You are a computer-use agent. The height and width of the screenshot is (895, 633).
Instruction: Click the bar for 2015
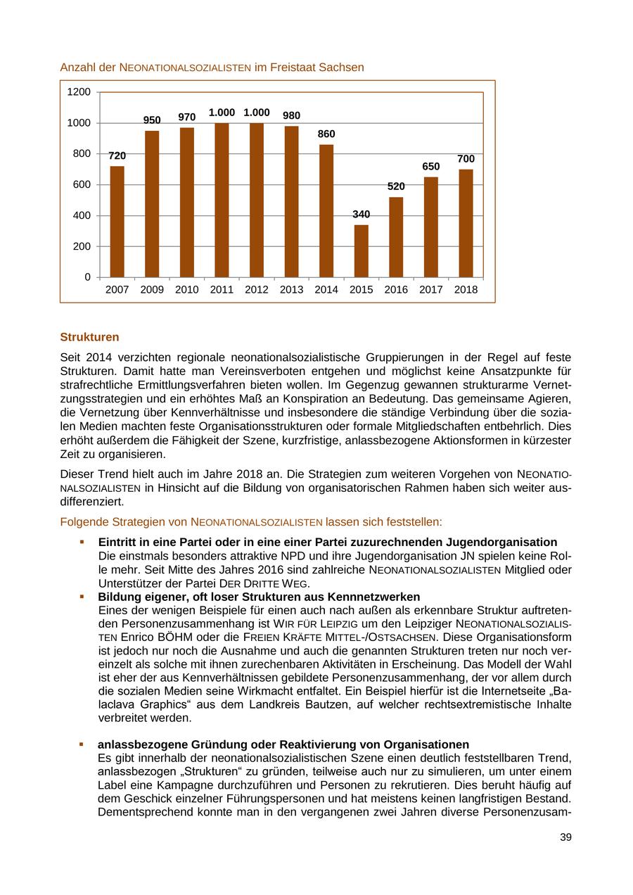pos(361,251)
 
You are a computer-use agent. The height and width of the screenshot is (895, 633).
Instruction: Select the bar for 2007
pos(117,222)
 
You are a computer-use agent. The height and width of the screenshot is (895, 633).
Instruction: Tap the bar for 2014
pos(326,211)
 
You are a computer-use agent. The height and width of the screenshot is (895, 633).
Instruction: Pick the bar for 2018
pos(466,223)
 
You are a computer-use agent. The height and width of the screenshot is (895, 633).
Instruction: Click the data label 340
pos(361,214)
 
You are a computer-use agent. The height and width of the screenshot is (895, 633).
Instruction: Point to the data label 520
pos(396,186)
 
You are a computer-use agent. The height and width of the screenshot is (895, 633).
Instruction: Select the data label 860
pos(326,134)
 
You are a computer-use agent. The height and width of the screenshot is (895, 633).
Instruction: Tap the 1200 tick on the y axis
pos(79,92)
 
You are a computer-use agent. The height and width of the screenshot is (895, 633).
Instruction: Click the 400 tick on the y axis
pos(83,215)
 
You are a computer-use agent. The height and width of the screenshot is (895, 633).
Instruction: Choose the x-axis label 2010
pos(186,289)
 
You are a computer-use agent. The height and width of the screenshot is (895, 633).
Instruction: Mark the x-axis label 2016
pos(396,289)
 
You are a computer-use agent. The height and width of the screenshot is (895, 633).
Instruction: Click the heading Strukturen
pos(89,337)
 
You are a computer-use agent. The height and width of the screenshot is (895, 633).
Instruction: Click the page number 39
pos(565,837)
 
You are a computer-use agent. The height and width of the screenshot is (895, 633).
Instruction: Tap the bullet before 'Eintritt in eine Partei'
pos(82,542)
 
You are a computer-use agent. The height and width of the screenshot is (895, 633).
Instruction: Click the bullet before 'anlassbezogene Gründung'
pos(82,744)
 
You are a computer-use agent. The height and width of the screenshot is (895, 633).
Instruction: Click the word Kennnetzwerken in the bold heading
pos(379,597)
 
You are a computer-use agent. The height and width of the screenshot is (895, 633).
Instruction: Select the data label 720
pos(117,155)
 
